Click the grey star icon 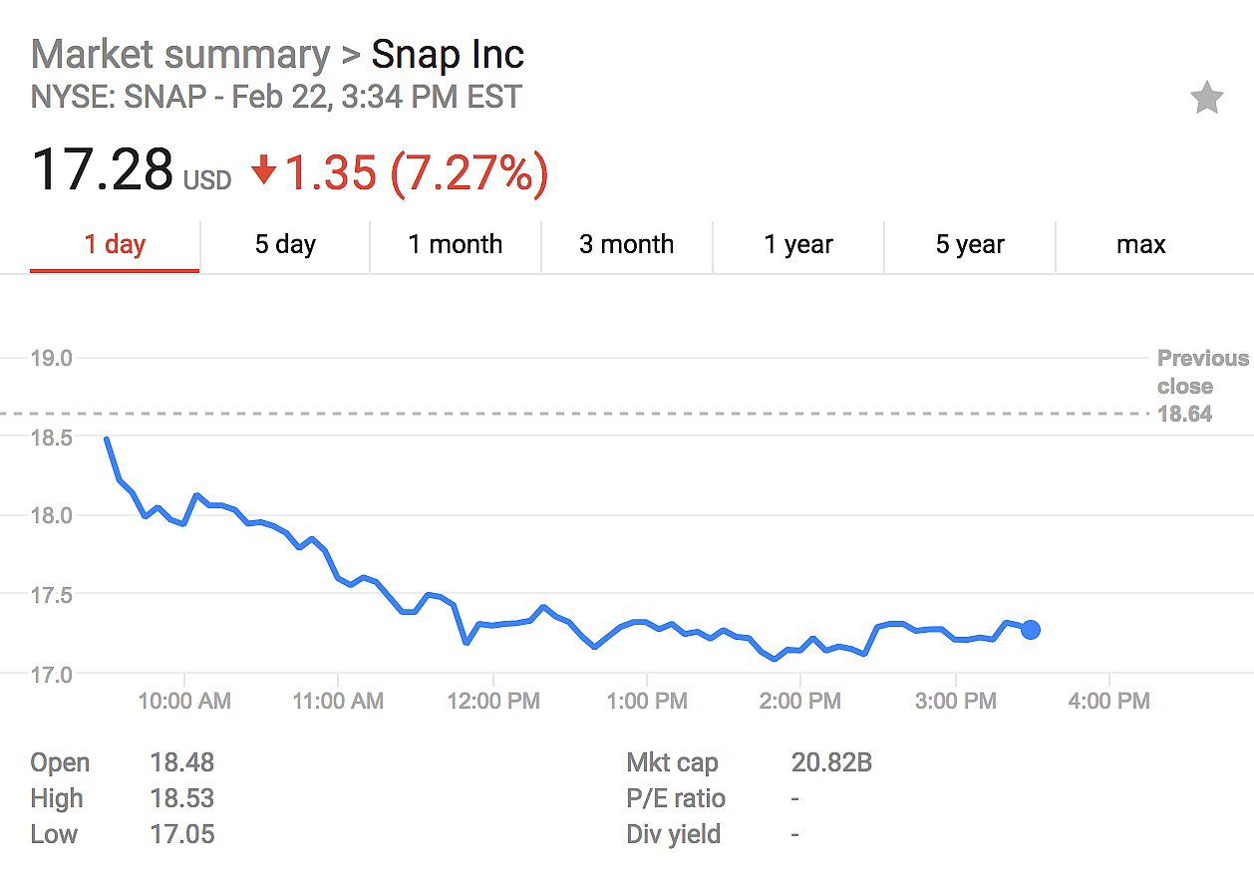1206,98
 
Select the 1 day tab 115,244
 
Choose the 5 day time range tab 285,244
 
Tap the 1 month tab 456,244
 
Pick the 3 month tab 626,244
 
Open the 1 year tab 797,244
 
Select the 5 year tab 969,244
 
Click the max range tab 1140,244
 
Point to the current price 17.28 103,170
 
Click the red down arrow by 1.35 263,172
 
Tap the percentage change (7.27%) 469,173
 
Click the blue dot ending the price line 1031,629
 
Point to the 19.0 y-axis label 52,358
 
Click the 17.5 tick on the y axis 52,595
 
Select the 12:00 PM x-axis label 493,702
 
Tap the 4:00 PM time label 1108,702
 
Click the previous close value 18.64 1184,414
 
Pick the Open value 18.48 181,763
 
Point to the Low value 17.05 181,834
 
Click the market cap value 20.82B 831,763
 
